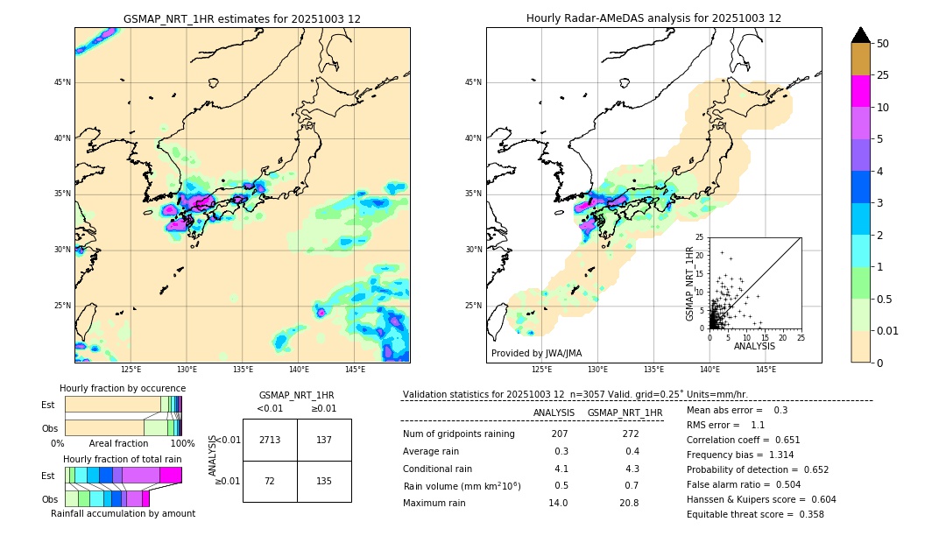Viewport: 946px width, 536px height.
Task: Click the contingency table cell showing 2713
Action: [270, 440]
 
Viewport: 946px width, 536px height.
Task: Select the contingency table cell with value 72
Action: [270, 481]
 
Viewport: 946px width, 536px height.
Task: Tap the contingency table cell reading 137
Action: [324, 440]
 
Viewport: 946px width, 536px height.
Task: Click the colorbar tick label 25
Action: [883, 75]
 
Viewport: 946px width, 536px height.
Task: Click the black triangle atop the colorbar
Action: [860, 35]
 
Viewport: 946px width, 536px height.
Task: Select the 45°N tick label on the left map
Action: [62, 82]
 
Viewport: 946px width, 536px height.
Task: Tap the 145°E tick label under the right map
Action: [766, 370]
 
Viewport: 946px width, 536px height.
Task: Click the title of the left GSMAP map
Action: [242, 18]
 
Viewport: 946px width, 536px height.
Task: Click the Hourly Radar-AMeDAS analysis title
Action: [653, 18]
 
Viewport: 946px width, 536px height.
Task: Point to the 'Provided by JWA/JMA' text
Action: [536, 353]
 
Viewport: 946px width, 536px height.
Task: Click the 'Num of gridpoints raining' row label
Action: [458, 434]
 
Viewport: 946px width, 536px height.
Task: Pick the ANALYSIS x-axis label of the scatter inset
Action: [753, 346]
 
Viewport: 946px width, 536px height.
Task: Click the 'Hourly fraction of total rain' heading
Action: [123, 459]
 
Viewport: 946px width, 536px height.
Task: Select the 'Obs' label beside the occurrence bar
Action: [49, 428]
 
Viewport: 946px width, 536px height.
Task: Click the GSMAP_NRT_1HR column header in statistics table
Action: [625, 413]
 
